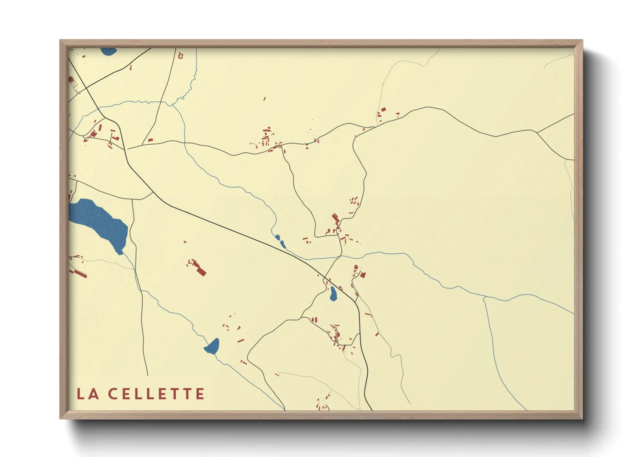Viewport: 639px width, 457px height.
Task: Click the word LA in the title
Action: pyautogui.click(x=88, y=394)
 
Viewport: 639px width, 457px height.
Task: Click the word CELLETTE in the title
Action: pyautogui.click(x=156, y=394)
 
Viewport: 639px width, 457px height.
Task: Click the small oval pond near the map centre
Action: pyautogui.click(x=333, y=294)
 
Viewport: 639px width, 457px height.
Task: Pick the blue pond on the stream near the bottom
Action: pyautogui.click(x=212, y=346)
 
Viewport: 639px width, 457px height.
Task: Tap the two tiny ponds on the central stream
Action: pyautogui.click(x=280, y=241)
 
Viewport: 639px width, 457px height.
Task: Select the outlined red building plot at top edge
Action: pyautogui.click(x=180, y=55)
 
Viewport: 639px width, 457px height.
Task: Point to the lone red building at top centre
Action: pyautogui.click(x=265, y=99)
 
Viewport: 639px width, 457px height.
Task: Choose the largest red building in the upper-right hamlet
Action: pyautogui.click(x=383, y=111)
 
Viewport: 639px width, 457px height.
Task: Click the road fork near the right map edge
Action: pyautogui.click(x=537, y=132)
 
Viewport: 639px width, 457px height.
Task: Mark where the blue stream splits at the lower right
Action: pyautogui.click(x=484, y=297)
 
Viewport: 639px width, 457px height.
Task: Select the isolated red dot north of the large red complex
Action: pyautogui.click(x=185, y=242)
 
